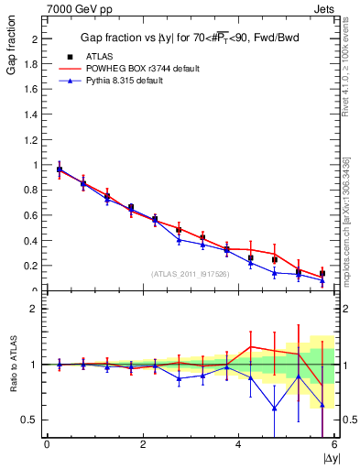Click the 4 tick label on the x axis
[239, 444]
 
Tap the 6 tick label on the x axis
[334, 444]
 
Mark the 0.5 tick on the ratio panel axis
[32, 420]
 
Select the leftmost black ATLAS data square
[60, 169]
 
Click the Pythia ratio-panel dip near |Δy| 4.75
[274, 409]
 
